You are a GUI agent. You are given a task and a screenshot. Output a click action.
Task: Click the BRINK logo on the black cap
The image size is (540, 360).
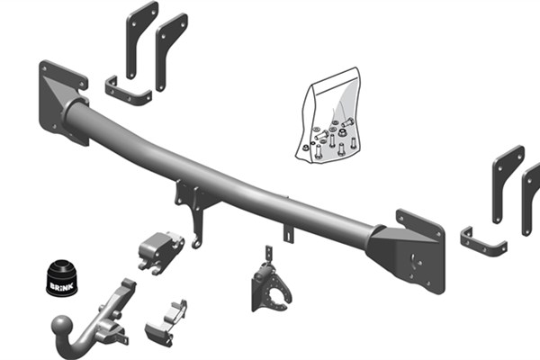click(x=61, y=286)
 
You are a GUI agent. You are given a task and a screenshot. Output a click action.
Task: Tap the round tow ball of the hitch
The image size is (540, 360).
click(x=62, y=326)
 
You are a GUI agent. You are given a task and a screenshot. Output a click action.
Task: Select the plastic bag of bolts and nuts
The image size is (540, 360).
click(x=328, y=116)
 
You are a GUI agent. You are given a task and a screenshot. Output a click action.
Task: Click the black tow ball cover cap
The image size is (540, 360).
click(x=62, y=278)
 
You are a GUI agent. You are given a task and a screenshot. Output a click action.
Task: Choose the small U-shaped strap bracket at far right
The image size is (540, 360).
click(x=482, y=244)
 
